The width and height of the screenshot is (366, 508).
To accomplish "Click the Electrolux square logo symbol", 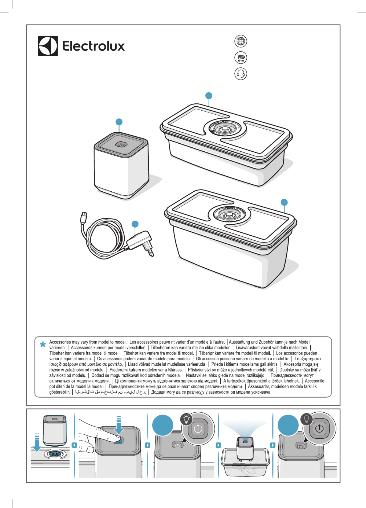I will [48, 46].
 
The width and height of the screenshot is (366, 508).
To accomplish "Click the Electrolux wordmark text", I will [93, 46].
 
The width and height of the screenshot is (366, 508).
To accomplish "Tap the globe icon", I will [241, 41].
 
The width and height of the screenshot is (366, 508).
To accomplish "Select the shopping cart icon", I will [241, 58].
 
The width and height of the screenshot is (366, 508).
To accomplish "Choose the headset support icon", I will [241, 74].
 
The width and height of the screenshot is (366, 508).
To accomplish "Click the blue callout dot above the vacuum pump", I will [119, 122].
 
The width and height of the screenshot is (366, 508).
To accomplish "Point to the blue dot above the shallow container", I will [209, 96].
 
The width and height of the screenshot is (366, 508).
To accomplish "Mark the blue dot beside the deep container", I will [284, 202].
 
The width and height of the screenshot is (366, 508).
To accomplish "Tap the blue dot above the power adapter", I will [135, 224].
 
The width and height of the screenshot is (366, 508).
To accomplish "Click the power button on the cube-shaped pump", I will [121, 145].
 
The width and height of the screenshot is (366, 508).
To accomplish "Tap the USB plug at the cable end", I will [84, 216].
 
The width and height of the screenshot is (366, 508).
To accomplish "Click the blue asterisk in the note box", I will [43, 345].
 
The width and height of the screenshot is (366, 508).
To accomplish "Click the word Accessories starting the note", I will [60, 342].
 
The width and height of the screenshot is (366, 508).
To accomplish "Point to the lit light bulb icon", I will [186, 419].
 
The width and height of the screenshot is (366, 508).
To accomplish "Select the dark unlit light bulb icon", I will [306, 419].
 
